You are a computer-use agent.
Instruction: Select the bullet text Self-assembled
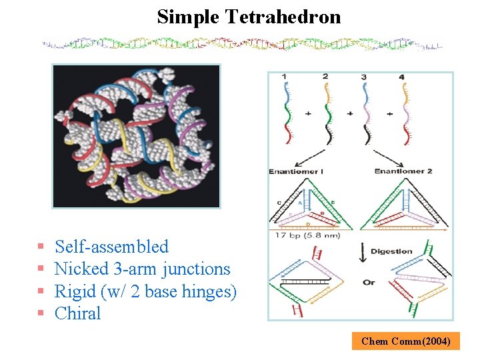coord(112,247)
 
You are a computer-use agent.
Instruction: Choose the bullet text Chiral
coord(77,313)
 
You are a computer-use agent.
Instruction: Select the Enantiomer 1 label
coord(296,171)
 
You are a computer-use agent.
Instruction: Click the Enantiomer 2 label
coord(403,171)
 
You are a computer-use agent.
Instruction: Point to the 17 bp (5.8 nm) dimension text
coord(304,235)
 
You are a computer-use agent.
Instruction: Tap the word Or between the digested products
coord(369,282)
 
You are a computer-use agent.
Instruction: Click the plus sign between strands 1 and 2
coord(308,114)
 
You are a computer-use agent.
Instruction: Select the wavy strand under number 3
coord(365,113)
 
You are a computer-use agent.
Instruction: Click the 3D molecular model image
coord(136,136)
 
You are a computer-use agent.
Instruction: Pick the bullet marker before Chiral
coord(41,314)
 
